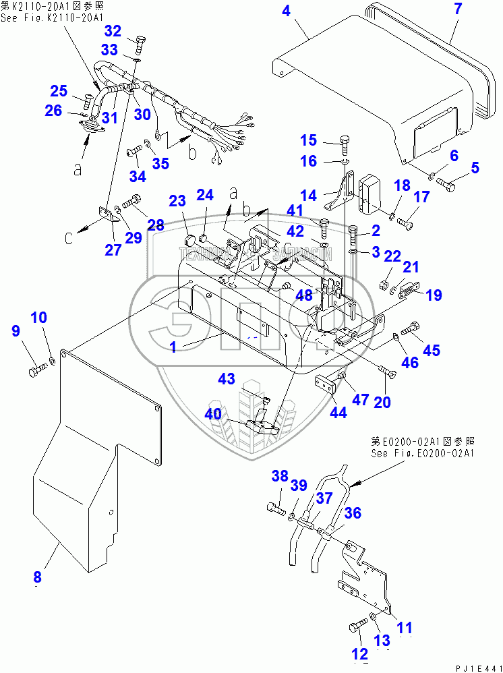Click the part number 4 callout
point(286,11)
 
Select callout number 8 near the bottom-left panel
point(37,577)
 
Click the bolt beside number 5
point(448,181)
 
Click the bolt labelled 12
point(355,627)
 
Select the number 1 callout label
point(173,347)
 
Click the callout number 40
point(213,413)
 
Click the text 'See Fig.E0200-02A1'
point(423,453)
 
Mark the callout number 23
point(177,200)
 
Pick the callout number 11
point(404,628)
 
